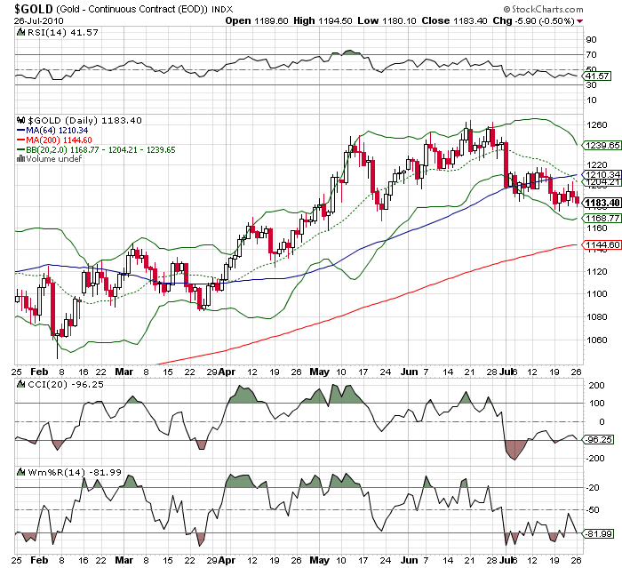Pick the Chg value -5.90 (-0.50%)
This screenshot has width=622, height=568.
[549, 20]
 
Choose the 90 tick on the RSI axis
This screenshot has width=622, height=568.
[590, 40]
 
